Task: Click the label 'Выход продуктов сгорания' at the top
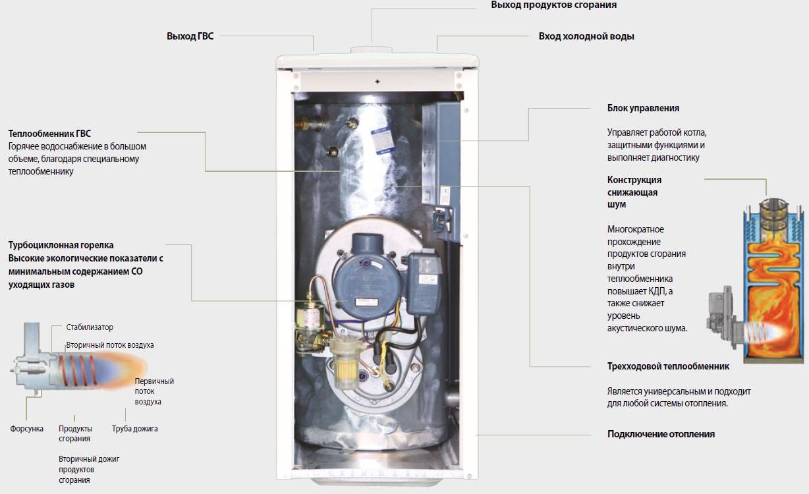click(x=553, y=5)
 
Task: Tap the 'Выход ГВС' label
click(x=190, y=36)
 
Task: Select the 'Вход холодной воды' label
click(x=586, y=36)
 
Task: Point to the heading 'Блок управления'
click(x=643, y=108)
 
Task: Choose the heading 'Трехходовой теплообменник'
click(x=668, y=366)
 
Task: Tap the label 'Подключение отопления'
click(x=661, y=434)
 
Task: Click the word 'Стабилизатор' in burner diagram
click(x=90, y=327)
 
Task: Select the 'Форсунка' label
click(x=27, y=429)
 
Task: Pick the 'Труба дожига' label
click(x=134, y=429)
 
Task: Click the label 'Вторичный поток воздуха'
click(x=109, y=345)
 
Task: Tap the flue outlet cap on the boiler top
click(x=373, y=51)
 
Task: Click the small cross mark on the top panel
click(x=377, y=81)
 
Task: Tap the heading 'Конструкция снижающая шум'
click(x=634, y=192)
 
